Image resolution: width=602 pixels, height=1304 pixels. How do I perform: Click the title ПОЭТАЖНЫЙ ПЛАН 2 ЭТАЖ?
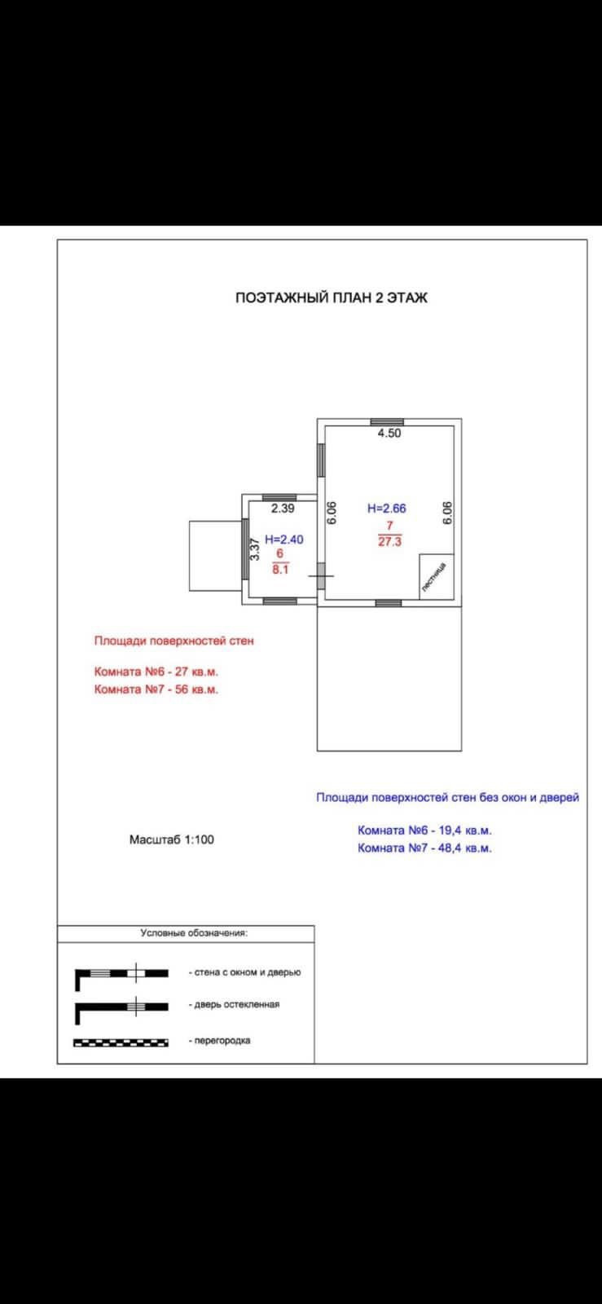click(x=331, y=298)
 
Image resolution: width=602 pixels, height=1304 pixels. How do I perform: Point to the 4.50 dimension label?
click(x=389, y=434)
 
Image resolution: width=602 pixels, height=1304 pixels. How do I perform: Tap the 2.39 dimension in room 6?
click(x=283, y=509)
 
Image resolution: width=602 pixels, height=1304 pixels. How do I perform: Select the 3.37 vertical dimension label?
click(x=254, y=549)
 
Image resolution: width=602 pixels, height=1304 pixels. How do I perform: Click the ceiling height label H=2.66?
click(x=386, y=509)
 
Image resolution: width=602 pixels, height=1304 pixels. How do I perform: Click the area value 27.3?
click(x=390, y=540)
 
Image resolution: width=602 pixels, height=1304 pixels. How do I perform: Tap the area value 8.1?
click(x=280, y=570)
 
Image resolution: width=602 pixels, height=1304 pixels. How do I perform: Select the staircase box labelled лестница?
click(x=436, y=576)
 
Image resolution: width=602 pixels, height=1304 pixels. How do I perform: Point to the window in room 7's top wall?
click(x=387, y=422)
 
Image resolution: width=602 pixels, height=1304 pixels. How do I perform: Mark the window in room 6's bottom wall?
click(x=280, y=601)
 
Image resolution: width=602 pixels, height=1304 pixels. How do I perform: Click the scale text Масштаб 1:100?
click(x=172, y=839)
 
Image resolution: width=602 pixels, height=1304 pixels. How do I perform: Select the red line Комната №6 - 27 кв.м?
click(x=156, y=672)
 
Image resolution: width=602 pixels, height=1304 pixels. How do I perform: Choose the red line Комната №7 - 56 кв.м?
click(x=156, y=689)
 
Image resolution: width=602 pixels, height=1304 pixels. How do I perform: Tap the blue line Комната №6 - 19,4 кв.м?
click(x=424, y=830)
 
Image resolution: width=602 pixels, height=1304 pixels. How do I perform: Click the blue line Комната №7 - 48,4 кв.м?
click(x=424, y=848)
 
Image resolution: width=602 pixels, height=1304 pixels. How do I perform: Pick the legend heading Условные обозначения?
click(x=194, y=933)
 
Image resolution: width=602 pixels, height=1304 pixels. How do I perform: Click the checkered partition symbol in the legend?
click(x=121, y=1042)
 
